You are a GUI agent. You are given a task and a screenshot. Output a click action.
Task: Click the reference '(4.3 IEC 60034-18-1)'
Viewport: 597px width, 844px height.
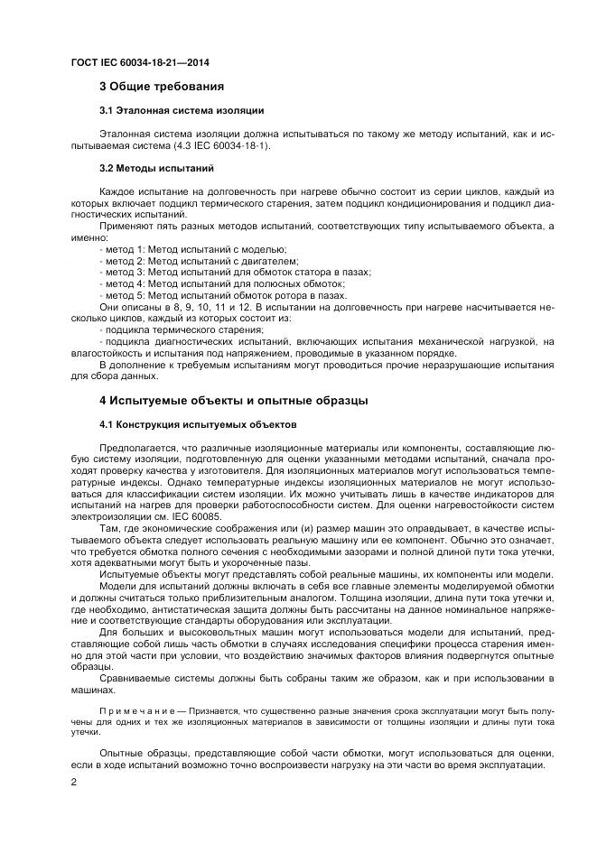tap(231, 145)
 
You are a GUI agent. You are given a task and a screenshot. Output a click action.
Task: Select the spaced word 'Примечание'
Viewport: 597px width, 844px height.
tap(133, 712)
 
